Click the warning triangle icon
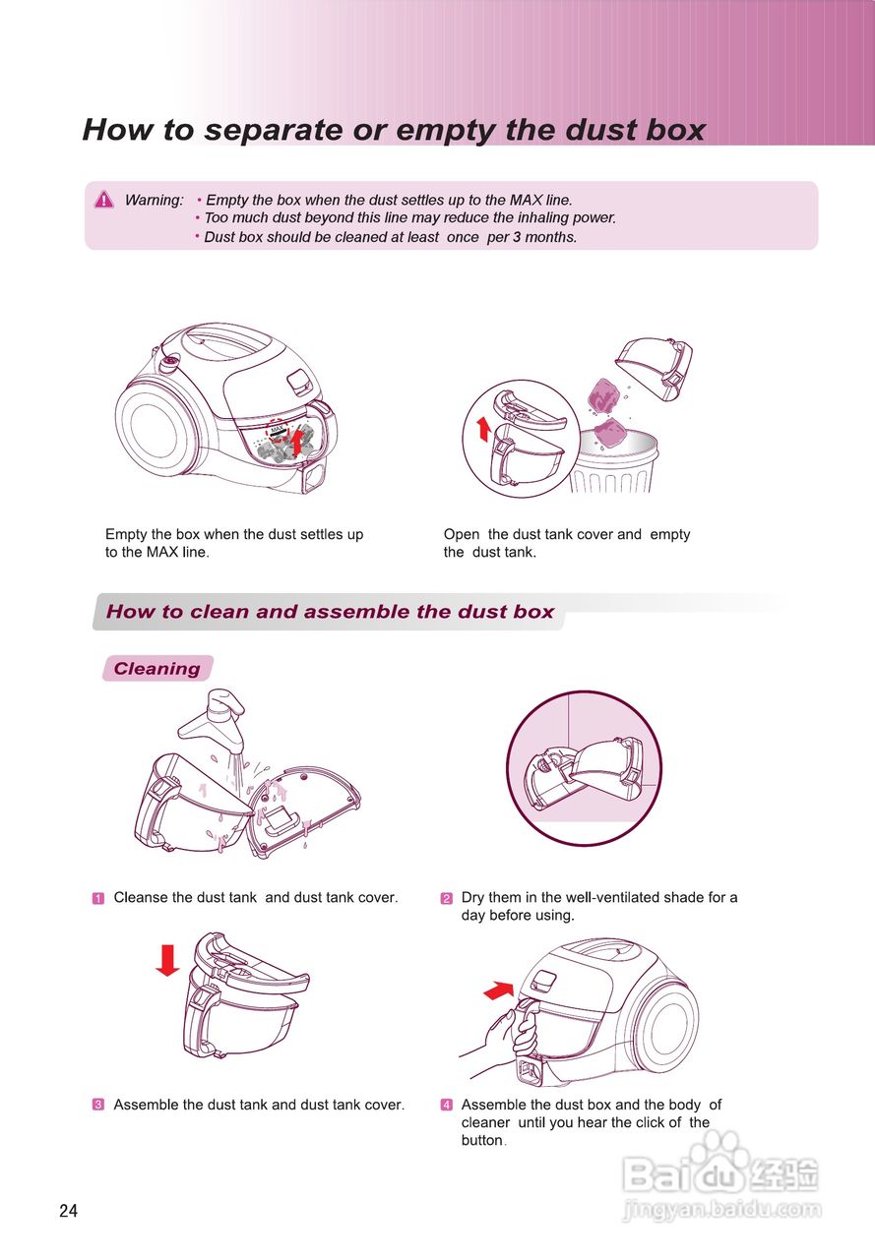coord(104,200)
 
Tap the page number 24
coord(68,1211)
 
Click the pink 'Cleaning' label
coord(157,668)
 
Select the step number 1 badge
coord(97,898)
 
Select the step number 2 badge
coord(446,898)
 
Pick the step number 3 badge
coord(97,1105)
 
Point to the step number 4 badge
coord(446,1105)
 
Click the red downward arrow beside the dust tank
coord(167,960)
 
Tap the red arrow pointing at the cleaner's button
coord(499,990)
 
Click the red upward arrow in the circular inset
coord(483,429)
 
